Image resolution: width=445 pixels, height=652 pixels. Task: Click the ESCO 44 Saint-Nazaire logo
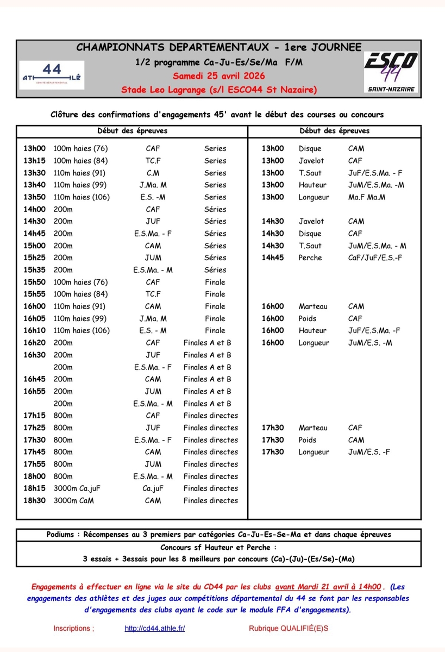click(x=391, y=71)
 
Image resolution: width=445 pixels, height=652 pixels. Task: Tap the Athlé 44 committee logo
click(x=52, y=73)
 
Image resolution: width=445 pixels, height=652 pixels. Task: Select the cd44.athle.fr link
click(x=155, y=628)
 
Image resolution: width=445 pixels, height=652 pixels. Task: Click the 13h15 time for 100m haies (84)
click(x=34, y=161)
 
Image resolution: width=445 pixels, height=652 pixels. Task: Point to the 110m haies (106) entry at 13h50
click(x=82, y=197)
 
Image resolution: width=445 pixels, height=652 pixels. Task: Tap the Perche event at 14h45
click(x=310, y=258)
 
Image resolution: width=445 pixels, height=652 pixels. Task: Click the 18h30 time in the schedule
click(x=34, y=500)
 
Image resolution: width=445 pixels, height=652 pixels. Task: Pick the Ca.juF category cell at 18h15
click(x=153, y=488)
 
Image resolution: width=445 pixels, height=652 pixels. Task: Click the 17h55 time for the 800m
click(x=34, y=464)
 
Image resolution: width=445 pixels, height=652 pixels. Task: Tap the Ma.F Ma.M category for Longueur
click(x=367, y=197)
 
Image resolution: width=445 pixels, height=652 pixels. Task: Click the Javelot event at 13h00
click(x=311, y=161)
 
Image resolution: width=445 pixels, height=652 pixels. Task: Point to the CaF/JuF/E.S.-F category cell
click(x=375, y=258)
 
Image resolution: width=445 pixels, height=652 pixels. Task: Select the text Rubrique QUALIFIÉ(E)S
click(x=289, y=628)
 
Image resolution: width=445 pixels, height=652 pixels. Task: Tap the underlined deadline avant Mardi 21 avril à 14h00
click(x=328, y=587)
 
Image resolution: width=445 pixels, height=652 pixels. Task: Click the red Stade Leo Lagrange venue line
click(x=219, y=89)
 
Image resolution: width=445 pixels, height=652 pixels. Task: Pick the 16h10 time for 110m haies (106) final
click(x=34, y=330)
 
